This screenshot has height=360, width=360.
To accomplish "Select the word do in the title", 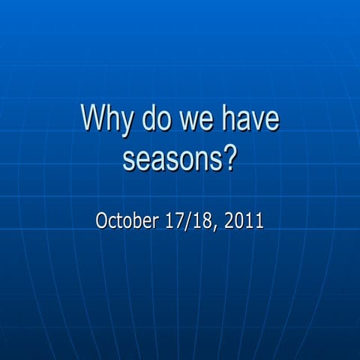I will click(x=152, y=121).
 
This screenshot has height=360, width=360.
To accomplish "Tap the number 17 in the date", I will click(x=168, y=221).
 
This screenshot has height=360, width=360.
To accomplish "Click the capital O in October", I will click(x=103, y=221).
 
